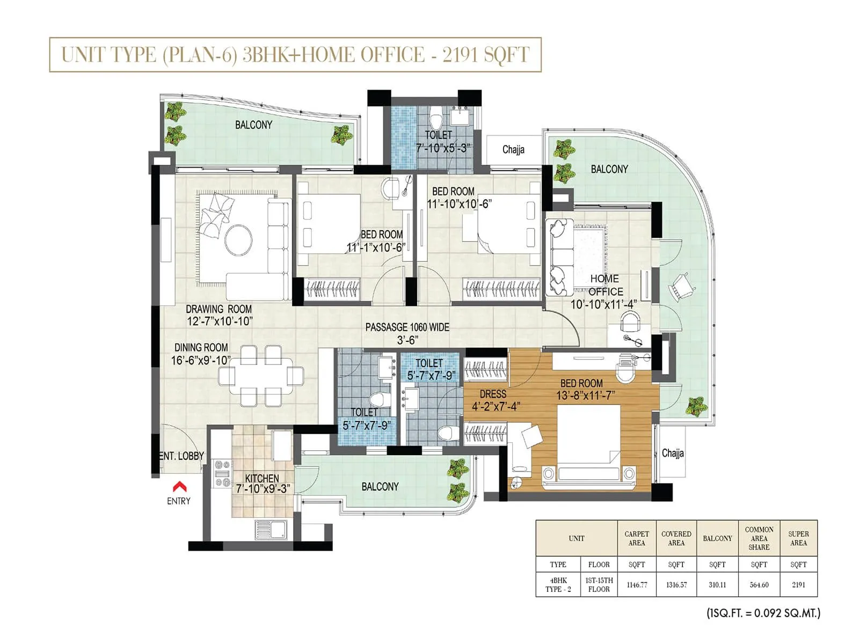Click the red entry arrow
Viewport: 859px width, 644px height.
pos(179,487)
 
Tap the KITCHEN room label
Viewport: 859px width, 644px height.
pos(262,478)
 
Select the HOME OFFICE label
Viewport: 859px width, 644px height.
pos(605,285)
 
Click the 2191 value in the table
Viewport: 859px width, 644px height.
pos(798,584)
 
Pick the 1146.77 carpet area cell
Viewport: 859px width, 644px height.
pos(637,584)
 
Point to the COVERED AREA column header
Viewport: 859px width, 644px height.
pos(676,538)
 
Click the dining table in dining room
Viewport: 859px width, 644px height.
pos(261,376)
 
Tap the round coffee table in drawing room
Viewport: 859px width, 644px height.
pos(238,239)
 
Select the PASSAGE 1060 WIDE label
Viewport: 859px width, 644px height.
pos(407,327)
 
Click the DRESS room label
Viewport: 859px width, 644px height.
pos(493,394)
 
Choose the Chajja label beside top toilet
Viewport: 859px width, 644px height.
pos(513,150)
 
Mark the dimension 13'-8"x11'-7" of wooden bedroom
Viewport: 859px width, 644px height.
pos(586,396)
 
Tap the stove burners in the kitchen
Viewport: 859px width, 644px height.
pos(222,474)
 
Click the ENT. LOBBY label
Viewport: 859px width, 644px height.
pos(181,456)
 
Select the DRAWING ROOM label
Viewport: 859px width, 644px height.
pos(219,309)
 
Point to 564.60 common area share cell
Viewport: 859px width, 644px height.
pos(759,584)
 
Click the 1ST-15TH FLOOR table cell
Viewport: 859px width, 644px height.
pos(599,584)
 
